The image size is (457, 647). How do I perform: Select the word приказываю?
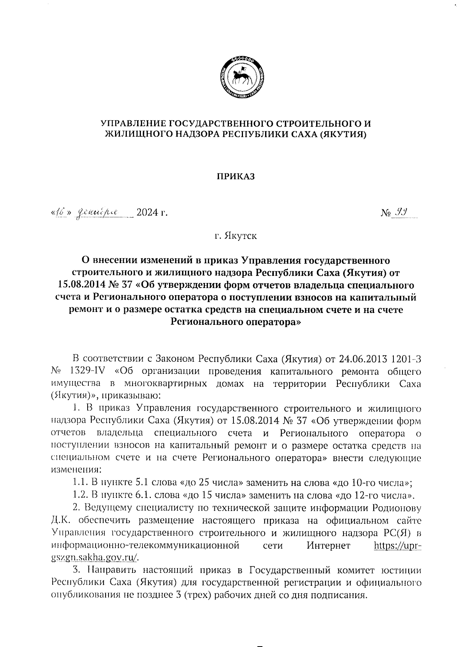click(x=128, y=396)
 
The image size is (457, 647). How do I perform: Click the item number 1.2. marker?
click(x=81, y=496)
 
